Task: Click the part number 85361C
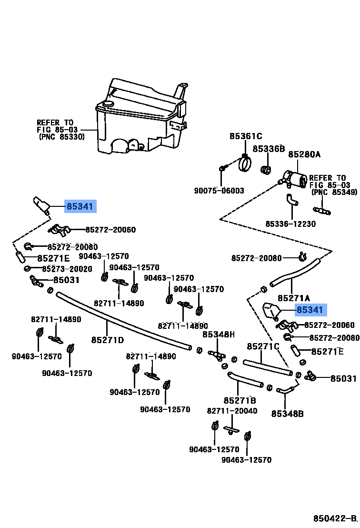[x=246, y=136]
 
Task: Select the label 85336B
[x=268, y=149]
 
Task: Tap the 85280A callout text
[x=304, y=154]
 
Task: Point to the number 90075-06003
[x=219, y=191]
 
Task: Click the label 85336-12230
[x=290, y=223]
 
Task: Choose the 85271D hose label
[x=108, y=340]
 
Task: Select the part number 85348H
[x=219, y=335]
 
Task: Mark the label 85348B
[x=287, y=414]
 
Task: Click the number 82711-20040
[x=232, y=411]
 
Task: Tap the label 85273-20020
[x=67, y=269]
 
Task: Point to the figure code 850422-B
[x=334, y=518]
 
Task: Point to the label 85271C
[x=263, y=346]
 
